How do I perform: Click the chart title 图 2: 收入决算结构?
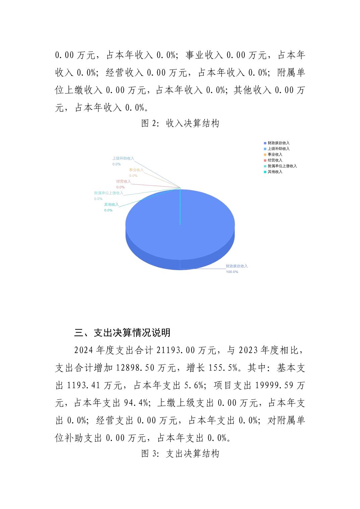(180, 124)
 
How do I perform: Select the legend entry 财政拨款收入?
(278, 143)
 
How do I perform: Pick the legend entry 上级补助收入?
(278, 149)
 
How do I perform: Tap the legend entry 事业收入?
(275, 154)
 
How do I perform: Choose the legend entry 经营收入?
(275, 160)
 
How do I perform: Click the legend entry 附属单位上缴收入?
(282, 166)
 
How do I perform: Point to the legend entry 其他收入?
(275, 172)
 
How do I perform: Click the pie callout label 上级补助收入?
(123, 158)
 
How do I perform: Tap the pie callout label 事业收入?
(136, 170)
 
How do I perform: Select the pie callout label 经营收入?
(123, 181)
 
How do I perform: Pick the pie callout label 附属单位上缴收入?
(109, 193)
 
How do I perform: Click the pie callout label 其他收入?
(111, 205)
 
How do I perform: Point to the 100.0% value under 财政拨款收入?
(232, 272)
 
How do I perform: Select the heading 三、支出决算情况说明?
(122, 333)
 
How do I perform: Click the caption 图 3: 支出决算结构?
(180, 454)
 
